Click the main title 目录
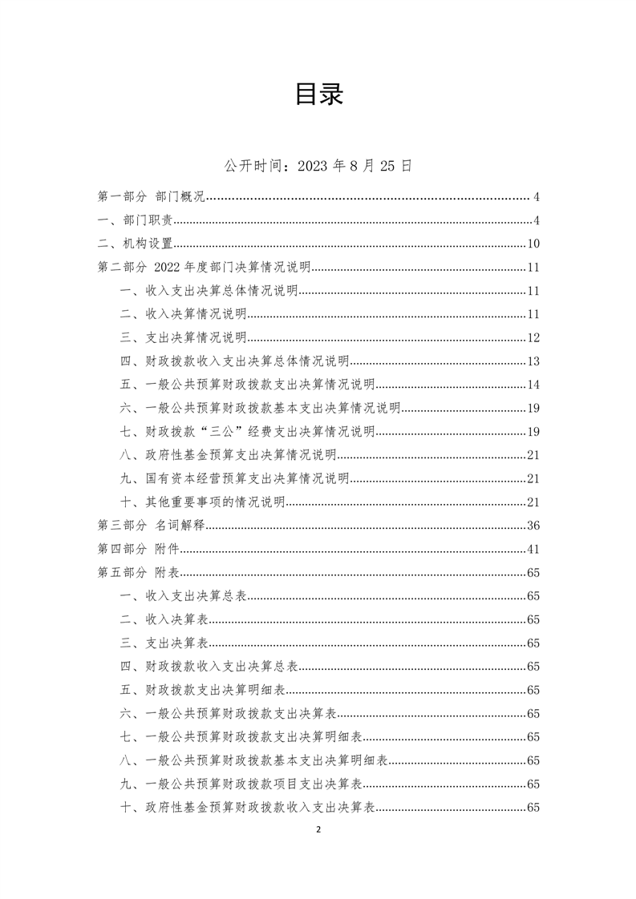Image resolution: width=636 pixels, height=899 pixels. click(x=318, y=95)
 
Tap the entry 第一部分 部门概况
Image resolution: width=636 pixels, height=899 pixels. click(x=152, y=197)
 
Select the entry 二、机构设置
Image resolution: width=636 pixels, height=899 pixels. click(x=134, y=244)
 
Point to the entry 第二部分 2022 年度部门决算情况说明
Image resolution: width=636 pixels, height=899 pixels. click(x=204, y=268)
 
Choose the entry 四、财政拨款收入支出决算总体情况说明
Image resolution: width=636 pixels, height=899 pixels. click(x=234, y=361)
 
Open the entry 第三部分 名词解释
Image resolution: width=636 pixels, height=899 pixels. click(x=152, y=526)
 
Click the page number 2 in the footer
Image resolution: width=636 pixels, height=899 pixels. click(x=318, y=830)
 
